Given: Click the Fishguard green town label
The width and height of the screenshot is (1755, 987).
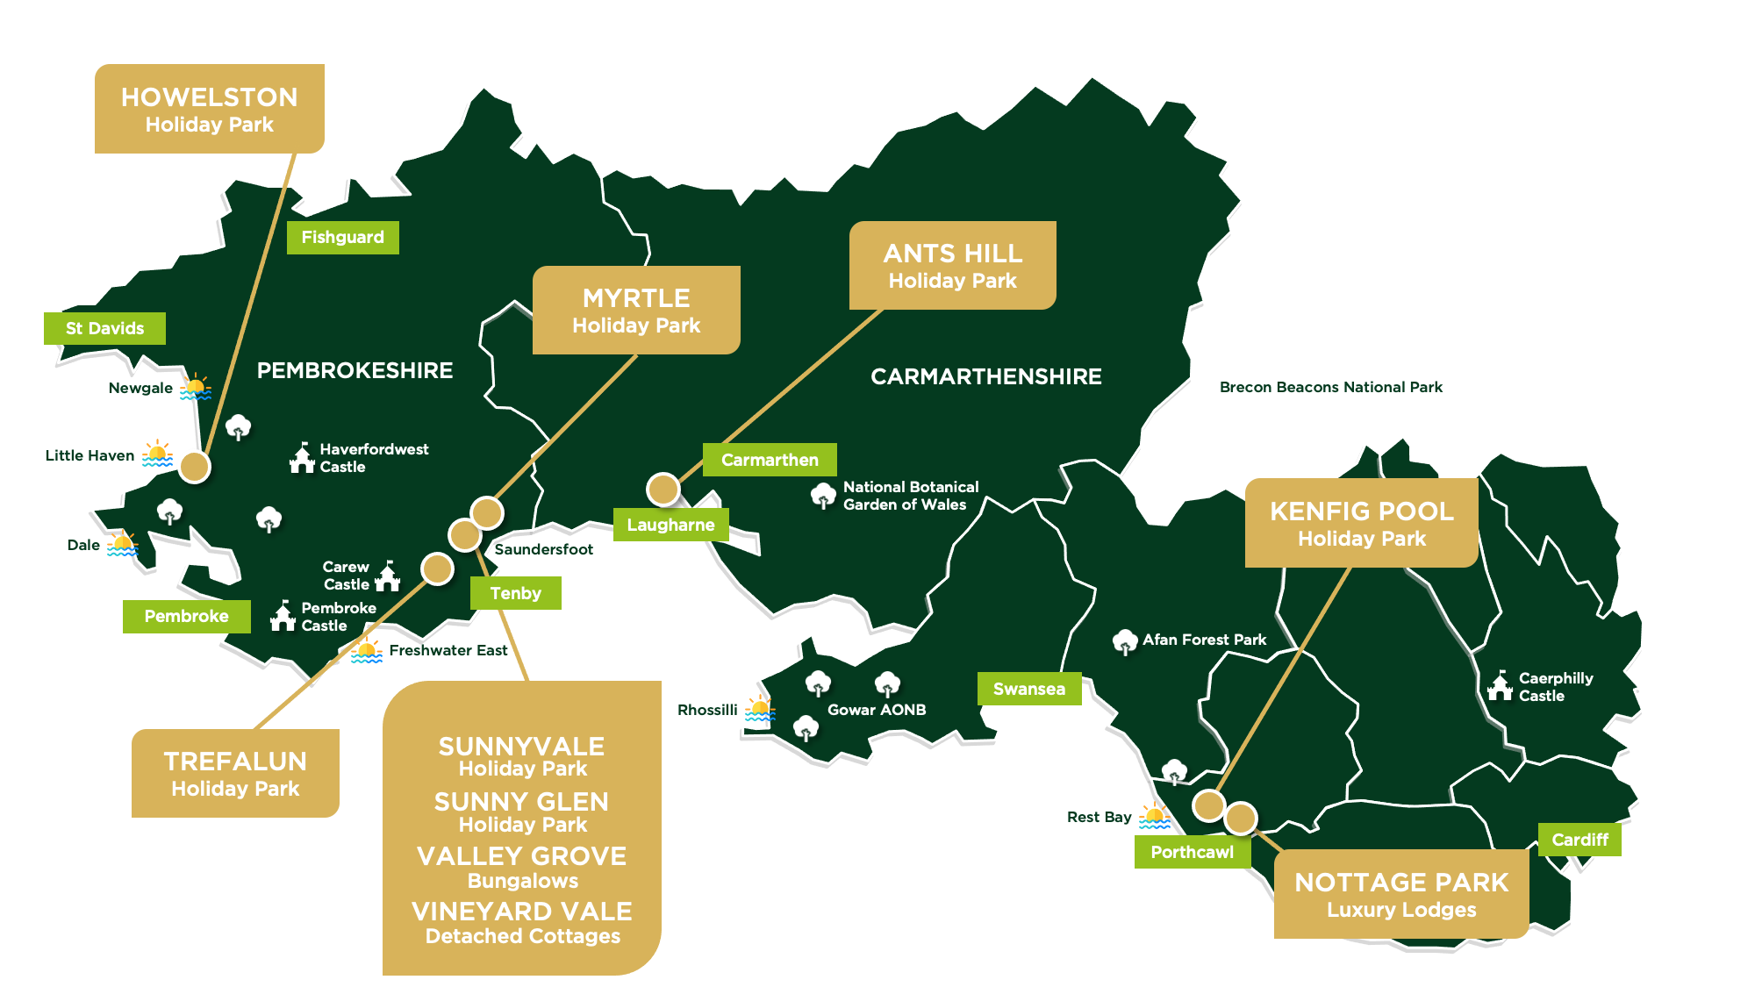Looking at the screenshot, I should [x=343, y=238].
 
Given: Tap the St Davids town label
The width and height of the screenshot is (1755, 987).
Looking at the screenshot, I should [x=104, y=328].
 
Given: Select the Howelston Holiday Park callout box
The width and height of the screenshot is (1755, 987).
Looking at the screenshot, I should [x=210, y=110].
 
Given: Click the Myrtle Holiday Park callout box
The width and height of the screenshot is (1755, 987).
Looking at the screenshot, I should [x=636, y=311].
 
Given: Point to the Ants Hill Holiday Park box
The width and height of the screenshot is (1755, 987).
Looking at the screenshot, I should [x=952, y=266].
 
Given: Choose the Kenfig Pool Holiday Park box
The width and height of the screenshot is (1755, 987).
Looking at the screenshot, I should [x=1361, y=523].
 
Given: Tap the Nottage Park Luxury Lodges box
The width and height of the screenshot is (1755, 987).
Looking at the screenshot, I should [x=1401, y=894].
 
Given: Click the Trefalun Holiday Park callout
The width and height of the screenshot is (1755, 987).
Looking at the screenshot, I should [x=235, y=773].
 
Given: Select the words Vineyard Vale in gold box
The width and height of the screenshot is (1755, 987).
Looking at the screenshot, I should [x=522, y=912].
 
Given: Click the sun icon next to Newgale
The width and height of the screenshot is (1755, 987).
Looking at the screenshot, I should [x=196, y=387].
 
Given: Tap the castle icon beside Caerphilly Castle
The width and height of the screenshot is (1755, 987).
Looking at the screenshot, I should [x=1500, y=686].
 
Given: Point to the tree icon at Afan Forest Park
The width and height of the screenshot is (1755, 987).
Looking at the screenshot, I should [x=1124, y=642].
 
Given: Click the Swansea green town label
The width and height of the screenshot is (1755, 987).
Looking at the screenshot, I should [x=1029, y=690].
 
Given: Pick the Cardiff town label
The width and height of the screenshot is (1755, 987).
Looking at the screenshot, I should [x=1579, y=840].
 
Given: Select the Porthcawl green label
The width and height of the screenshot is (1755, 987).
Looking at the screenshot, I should [x=1192, y=852].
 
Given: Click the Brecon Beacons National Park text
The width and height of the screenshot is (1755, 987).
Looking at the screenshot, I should [x=1330, y=387].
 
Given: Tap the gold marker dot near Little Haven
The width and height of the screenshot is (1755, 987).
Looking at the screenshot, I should [x=195, y=467].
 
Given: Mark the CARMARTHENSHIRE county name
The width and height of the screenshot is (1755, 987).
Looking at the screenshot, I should [x=985, y=376].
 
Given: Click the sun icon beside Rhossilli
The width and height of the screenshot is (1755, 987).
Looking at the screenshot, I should [x=760, y=709].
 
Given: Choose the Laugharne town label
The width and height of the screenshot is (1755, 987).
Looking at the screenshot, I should [x=670, y=525].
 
